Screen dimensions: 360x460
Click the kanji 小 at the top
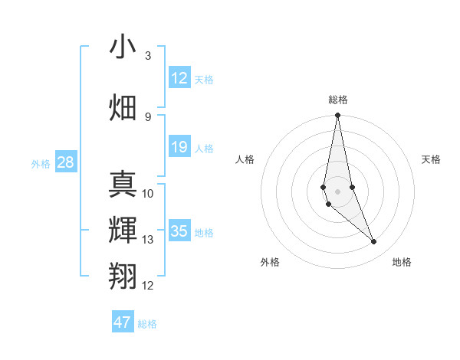123,47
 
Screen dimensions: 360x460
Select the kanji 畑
123,107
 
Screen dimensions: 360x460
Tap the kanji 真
123,183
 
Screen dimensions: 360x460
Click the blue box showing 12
179,78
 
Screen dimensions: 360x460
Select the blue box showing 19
179,147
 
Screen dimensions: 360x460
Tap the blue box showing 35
179,231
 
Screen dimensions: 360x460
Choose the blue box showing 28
65,162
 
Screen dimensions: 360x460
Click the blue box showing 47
123,322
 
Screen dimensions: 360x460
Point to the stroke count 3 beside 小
148,56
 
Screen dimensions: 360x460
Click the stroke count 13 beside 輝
148,240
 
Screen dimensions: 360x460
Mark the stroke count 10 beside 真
148,193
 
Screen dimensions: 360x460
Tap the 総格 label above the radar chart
337,100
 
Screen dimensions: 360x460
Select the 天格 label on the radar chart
432,159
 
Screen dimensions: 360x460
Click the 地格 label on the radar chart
402,262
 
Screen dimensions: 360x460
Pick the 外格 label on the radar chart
270,262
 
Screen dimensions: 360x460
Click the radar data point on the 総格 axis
337,116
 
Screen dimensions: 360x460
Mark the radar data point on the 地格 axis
374,242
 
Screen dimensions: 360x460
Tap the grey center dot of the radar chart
337,191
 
